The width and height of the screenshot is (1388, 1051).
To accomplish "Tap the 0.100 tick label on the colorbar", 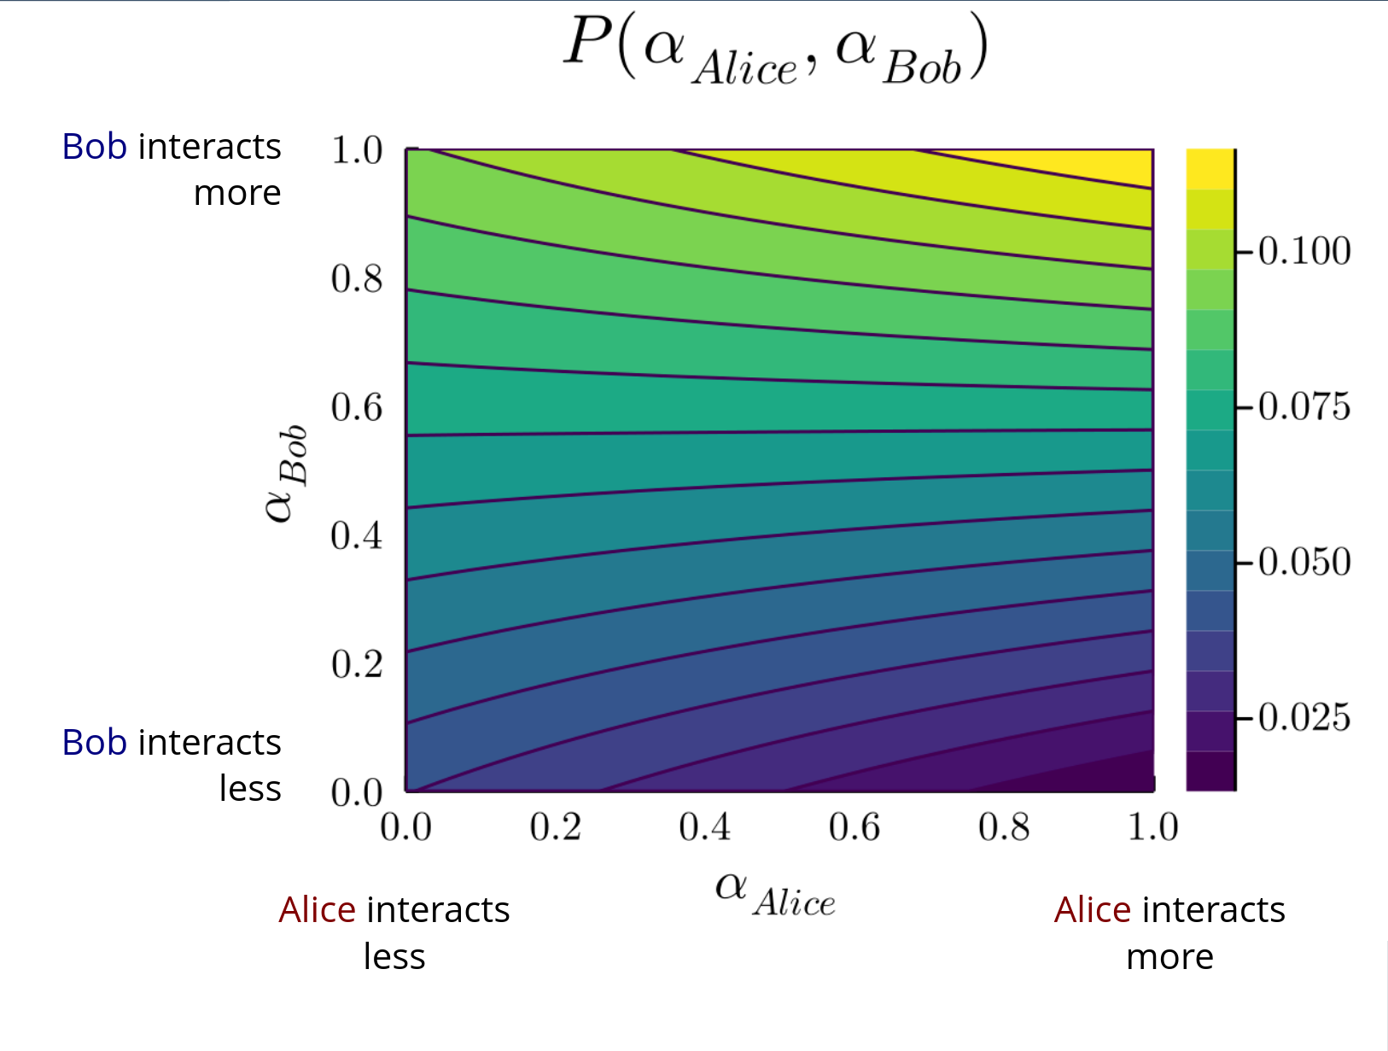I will point(1304,251).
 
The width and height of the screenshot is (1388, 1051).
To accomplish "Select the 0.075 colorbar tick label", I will point(1304,406).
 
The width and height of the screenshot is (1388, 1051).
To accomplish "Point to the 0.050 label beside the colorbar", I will point(1304,562).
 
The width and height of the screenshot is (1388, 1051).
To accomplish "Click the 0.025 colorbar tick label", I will point(1304,717).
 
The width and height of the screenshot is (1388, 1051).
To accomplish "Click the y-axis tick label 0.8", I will point(357,279).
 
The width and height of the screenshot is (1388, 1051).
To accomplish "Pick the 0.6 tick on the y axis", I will point(357,407).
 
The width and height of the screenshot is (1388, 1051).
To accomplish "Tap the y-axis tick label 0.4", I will point(357,535).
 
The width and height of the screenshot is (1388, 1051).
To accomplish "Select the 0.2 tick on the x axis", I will point(555,826).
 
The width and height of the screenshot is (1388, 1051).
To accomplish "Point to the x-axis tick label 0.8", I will point(1004,826).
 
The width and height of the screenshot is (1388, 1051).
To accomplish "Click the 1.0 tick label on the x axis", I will point(1152,826).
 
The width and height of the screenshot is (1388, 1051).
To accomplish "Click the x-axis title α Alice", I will point(775,894).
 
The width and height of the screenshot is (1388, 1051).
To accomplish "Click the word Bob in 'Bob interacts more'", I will point(95,147).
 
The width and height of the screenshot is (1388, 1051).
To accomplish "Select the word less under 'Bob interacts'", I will point(249,788).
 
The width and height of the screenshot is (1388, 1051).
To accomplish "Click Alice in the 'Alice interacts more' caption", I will point(1092,910).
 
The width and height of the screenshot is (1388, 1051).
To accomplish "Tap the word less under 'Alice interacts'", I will point(394,956).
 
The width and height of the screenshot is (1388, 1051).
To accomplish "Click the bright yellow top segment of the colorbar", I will point(1210,168).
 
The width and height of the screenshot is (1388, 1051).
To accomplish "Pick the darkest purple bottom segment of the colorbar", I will point(1210,771).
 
